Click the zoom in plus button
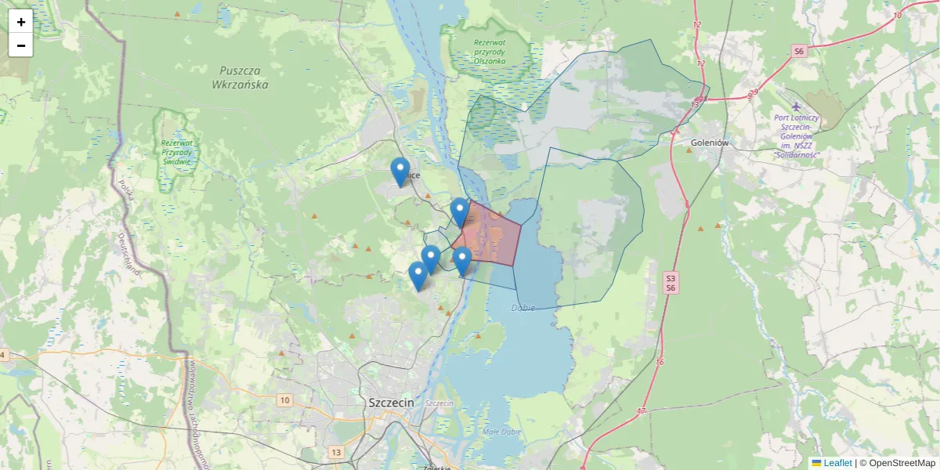tap(21, 22)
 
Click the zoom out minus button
tap(21, 45)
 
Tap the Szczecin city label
tap(390, 402)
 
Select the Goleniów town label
tap(710, 143)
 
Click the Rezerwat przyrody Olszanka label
tap(490, 51)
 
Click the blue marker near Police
tap(400, 171)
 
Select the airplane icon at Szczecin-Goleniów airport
tap(797, 106)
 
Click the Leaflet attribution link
tap(837, 463)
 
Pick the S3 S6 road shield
tap(671, 283)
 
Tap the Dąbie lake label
tap(522, 308)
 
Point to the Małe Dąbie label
tap(502, 431)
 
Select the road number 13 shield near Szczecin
tap(337, 452)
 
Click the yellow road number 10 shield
tap(284, 400)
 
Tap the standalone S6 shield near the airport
tap(798, 51)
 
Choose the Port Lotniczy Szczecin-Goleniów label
tap(797, 136)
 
